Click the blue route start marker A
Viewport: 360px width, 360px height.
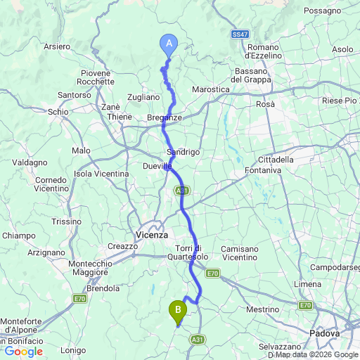[169, 44]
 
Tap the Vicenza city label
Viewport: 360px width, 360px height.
[152, 235]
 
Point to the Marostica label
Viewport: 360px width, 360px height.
[212, 89]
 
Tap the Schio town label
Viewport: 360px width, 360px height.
[58, 111]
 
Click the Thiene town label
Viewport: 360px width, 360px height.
[119, 117]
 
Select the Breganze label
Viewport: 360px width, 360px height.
[165, 117]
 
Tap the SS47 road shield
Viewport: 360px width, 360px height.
[240, 34]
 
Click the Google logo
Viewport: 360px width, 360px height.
[23, 351]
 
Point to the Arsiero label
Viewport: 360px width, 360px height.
[57, 46]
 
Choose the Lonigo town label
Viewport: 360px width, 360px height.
[73, 350]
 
